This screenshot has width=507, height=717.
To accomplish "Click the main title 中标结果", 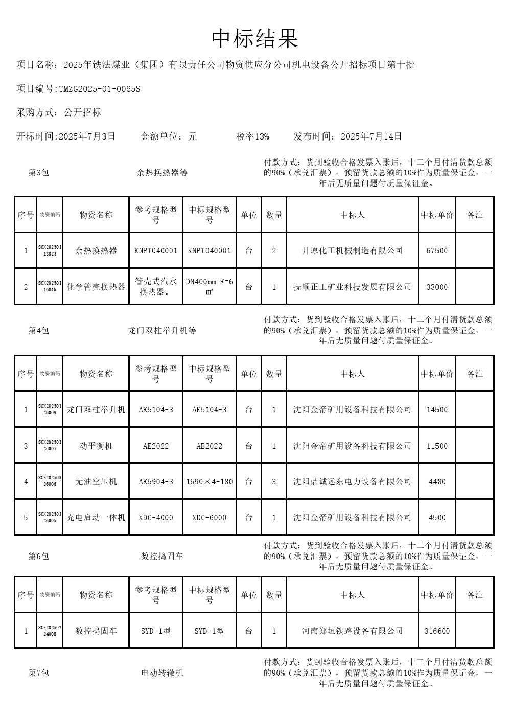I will click(255, 39).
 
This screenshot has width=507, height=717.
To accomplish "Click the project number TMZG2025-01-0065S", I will click(100, 89).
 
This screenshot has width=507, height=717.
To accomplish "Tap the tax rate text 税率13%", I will click(252, 136).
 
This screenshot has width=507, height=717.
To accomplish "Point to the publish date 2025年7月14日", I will click(371, 136).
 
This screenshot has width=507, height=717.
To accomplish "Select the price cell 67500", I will click(437, 251).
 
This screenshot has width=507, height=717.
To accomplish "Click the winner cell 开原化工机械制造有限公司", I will click(352, 251).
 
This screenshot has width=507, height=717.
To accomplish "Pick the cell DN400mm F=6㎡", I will click(209, 287).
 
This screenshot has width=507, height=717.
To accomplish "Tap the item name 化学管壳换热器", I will click(96, 287).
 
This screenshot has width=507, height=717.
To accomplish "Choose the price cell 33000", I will click(437, 287).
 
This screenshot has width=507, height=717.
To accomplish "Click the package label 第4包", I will click(38, 331).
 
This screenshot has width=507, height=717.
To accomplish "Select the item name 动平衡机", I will click(96, 446).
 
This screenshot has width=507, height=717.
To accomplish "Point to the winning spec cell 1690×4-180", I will click(209, 482).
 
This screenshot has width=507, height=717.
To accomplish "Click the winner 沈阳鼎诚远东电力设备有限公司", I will click(352, 481).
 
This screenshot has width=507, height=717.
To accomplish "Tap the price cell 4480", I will click(437, 482).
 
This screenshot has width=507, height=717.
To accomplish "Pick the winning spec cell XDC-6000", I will click(209, 518).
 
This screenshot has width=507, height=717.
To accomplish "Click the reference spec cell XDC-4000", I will click(156, 518).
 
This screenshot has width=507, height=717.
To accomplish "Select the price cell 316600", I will click(437, 631).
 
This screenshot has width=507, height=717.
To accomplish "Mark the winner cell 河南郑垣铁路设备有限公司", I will click(352, 631).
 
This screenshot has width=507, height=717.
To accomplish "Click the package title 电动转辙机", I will click(162, 673).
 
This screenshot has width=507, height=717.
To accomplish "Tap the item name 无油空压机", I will click(96, 481).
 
